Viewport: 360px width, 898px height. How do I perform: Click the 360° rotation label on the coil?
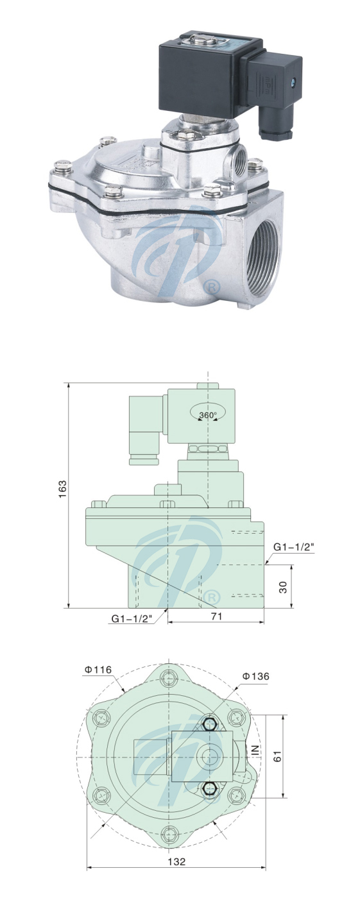click(x=207, y=415)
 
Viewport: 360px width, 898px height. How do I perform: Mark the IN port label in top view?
click(x=255, y=750)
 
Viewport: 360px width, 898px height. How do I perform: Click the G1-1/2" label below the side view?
click(x=131, y=618)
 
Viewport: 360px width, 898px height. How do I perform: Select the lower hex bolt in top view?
click(x=209, y=790)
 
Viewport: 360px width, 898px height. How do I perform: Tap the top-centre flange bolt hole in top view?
click(x=169, y=678)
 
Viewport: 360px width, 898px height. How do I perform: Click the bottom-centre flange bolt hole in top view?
click(x=169, y=834)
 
